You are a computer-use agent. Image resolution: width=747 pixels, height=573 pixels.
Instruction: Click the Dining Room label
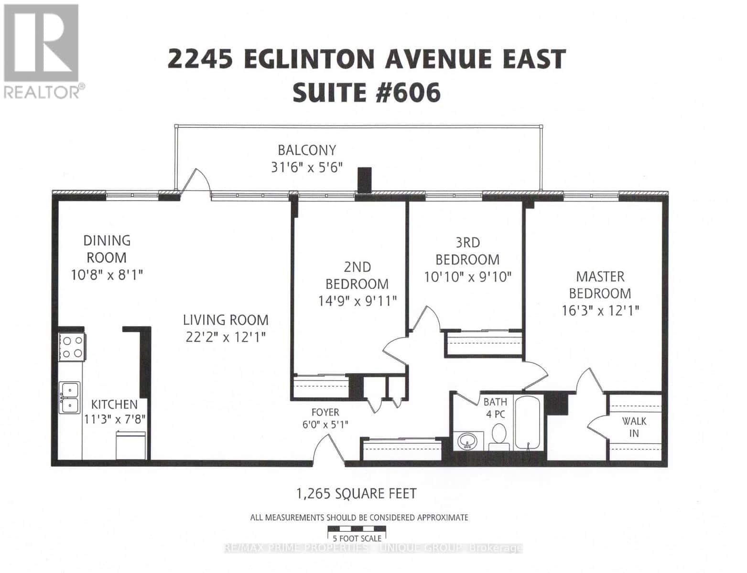click(x=107, y=249)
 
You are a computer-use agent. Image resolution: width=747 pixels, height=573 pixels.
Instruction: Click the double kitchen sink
click(x=70, y=397)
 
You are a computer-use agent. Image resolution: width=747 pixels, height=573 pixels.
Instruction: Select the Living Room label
click(x=226, y=319)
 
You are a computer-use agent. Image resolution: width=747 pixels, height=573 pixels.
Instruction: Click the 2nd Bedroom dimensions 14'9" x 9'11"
click(x=357, y=301)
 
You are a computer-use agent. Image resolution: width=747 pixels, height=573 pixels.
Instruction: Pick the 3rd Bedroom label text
click(x=467, y=251)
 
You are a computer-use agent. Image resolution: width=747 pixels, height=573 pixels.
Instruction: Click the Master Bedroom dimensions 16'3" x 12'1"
click(x=600, y=310)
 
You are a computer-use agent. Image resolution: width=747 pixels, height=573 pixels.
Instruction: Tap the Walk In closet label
click(x=634, y=427)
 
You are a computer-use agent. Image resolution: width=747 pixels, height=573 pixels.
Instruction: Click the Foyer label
click(x=325, y=412)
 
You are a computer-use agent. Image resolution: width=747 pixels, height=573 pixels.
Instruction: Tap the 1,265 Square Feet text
click(x=357, y=493)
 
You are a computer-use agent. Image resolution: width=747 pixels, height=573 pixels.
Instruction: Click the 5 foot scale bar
click(x=357, y=529)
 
